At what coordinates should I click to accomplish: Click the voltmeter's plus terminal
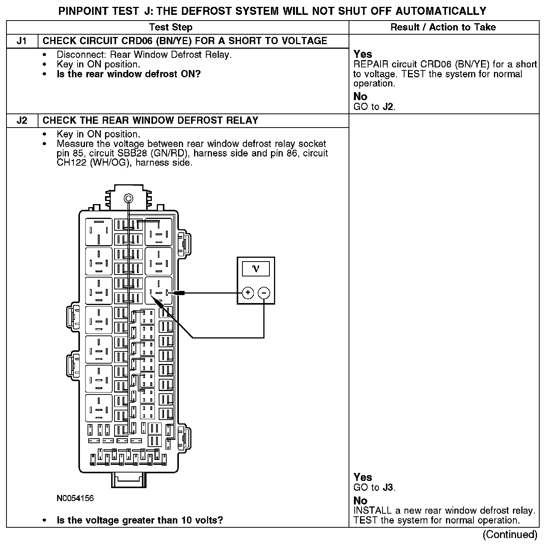pos(248,293)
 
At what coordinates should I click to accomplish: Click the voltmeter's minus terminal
pos(264,293)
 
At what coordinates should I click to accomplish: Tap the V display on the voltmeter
pos(256,269)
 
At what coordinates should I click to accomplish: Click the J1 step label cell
pos(22,41)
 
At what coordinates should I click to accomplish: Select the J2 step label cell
pos(22,121)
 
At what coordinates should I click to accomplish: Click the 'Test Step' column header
pos(170,27)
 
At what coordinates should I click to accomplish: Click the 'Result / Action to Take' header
pos(443,27)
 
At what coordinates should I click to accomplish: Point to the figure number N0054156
pos(75,498)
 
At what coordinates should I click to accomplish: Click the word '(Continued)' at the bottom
pos(510,535)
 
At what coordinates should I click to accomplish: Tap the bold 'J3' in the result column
pos(388,487)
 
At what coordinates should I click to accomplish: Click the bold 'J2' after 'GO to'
pos(388,107)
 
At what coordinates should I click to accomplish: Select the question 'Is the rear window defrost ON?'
pos(129,74)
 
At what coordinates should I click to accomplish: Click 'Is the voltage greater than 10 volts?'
pos(140,520)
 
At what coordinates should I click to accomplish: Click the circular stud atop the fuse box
pos(129,198)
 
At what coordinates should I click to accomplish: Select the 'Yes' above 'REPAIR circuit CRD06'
pos(363,54)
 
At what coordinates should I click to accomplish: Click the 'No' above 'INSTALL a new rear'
pos(360,500)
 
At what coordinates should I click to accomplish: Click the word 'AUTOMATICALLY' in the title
pos(441,11)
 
